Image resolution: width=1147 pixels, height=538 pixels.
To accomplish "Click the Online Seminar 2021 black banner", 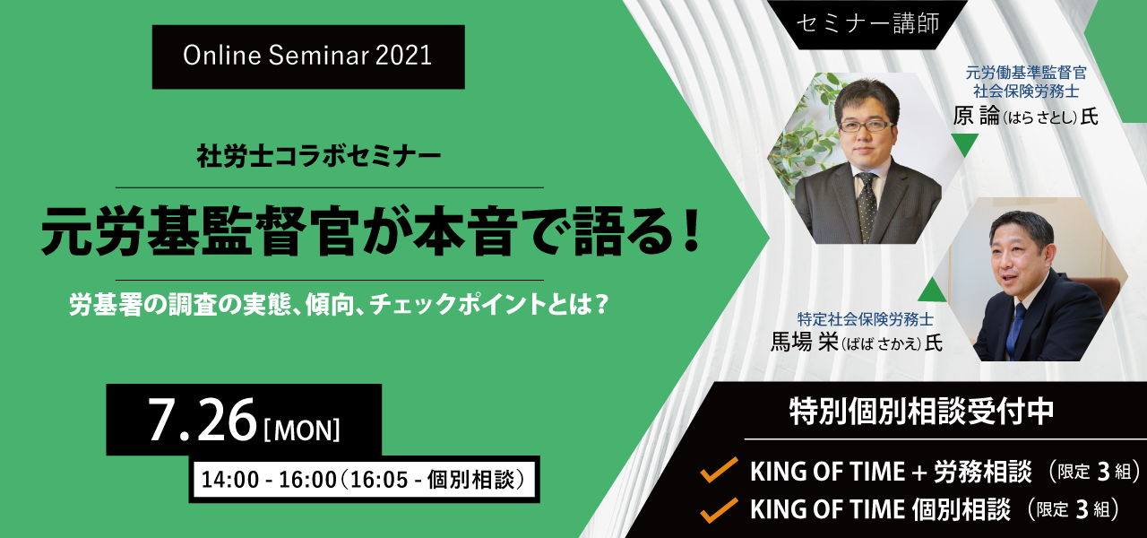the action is tap(308, 56).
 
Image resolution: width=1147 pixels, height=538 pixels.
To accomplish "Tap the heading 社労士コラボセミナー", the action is tap(319, 156).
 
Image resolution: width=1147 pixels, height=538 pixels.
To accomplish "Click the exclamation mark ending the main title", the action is tap(692, 230).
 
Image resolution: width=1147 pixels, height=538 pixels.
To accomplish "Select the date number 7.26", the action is tap(203, 421).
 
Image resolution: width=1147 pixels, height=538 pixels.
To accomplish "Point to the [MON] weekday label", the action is tap(302, 430).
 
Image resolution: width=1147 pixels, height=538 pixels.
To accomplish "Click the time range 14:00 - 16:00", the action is tap(269, 480).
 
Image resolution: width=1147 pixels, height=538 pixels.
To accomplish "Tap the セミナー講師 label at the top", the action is tap(868, 23).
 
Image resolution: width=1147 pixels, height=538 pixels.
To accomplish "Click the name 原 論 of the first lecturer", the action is tap(976, 116).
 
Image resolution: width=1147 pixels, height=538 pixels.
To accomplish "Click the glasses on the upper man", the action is tap(865, 126).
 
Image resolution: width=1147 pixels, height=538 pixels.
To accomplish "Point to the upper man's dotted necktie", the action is tap(867, 205).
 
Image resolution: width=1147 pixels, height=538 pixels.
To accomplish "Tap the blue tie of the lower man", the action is tap(1015, 328).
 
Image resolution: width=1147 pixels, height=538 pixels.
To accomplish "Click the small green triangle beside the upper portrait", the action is tap(965, 143).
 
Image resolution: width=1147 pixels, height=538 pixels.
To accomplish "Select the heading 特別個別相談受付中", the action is tap(922, 411).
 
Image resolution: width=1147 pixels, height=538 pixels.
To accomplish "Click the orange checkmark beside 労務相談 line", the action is tap(720, 469).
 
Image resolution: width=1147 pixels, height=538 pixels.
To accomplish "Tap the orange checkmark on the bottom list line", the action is tap(720, 510).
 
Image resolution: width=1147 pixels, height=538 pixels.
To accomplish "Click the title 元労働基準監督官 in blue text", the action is tap(1026, 73).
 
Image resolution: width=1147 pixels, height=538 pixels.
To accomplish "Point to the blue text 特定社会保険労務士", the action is tap(865, 319).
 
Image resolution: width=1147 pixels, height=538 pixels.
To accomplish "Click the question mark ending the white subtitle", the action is tap(601, 304).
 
